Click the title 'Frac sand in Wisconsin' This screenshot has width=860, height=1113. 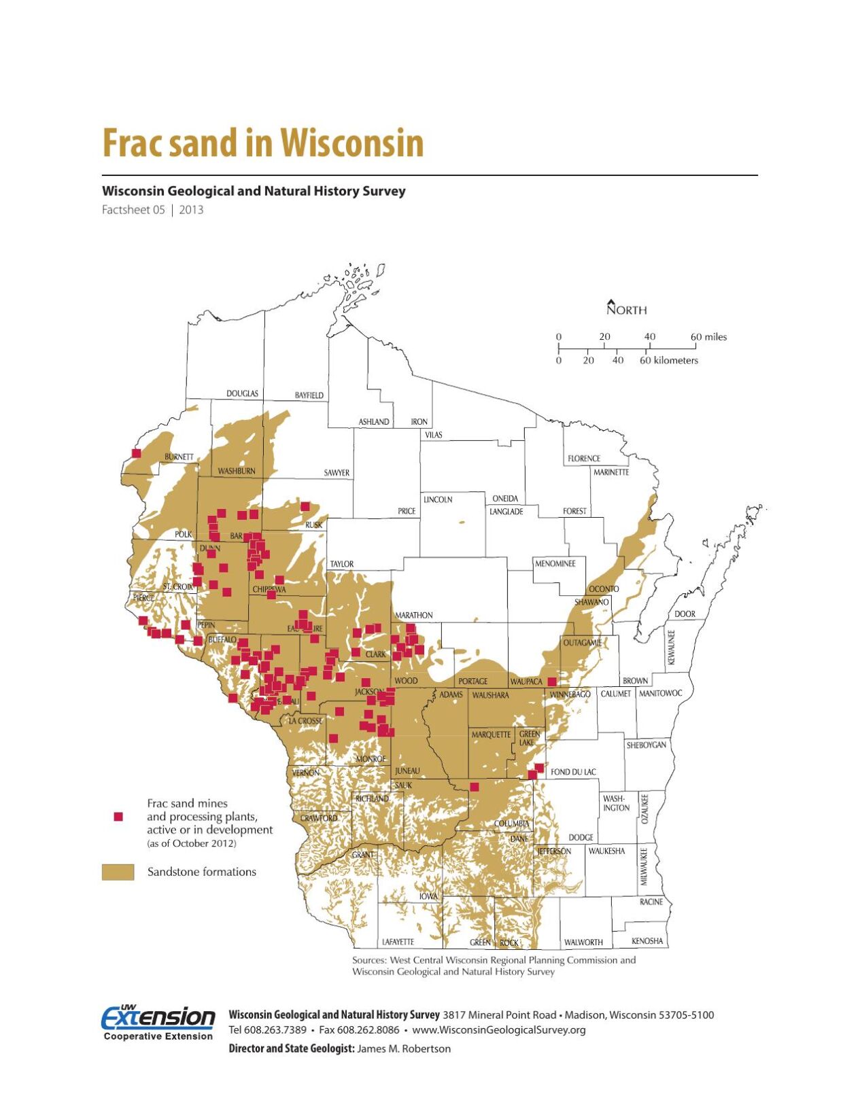(262, 143)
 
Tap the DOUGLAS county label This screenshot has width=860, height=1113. (242, 393)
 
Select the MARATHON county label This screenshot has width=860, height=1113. (413, 615)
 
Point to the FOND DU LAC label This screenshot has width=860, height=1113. (573, 771)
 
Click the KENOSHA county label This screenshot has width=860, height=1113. (647, 941)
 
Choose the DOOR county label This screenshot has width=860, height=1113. (685, 614)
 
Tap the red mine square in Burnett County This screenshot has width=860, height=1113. (136, 453)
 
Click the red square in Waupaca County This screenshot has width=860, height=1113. (552, 681)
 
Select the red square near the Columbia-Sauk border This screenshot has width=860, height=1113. (475, 787)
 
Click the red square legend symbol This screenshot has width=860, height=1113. (118, 816)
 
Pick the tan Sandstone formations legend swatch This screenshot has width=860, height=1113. (118, 872)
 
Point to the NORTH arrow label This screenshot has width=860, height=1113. (626, 310)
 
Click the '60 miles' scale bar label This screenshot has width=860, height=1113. (708, 337)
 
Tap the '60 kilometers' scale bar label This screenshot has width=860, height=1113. (668, 360)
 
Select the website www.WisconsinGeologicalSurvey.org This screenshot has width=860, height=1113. (498, 1029)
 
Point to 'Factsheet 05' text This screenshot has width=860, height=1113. (133, 210)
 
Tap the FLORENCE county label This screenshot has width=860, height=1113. (583, 459)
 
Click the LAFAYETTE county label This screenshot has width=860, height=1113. (398, 942)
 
